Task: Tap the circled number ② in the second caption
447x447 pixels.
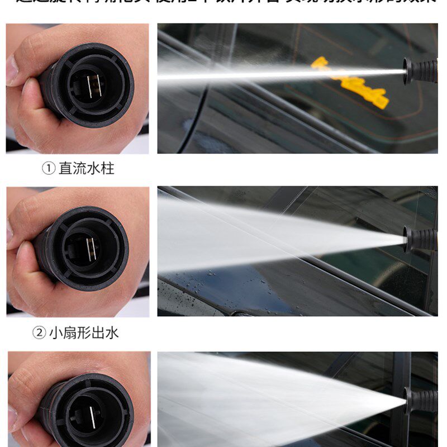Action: pos(40,333)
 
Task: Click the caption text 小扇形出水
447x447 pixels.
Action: pos(84,333)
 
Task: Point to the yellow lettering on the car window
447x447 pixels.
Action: pos(349,83)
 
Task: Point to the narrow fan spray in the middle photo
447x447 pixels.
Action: pos(268,232)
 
